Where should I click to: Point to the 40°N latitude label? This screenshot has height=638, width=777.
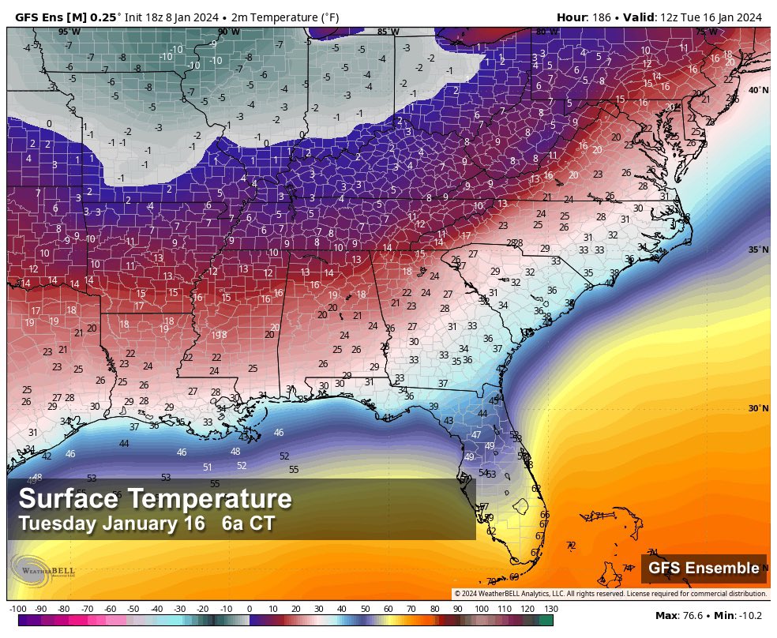click(x=758, y=90)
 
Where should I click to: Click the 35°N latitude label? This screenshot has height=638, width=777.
click(x=758, y=250)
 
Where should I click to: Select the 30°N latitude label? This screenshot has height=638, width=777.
click(x=758, y=408)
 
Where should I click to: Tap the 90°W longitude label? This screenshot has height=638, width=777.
click(x=228, y=32)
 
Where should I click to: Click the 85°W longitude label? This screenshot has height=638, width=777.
click(x=388, y=32)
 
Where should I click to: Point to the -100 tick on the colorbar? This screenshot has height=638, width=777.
click(x=17, y=609)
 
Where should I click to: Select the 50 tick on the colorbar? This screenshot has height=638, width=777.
click(x=364, y=609)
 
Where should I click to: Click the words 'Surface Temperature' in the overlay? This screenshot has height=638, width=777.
click(x=155, y=499)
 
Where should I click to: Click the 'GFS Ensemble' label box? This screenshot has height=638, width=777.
click(x=704, y=568)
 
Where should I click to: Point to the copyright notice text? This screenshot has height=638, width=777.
click(x=609, y=593)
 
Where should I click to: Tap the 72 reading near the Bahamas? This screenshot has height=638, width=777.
click(x=571, y=545)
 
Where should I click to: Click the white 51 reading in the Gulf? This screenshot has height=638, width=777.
click(x=207, y=467)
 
